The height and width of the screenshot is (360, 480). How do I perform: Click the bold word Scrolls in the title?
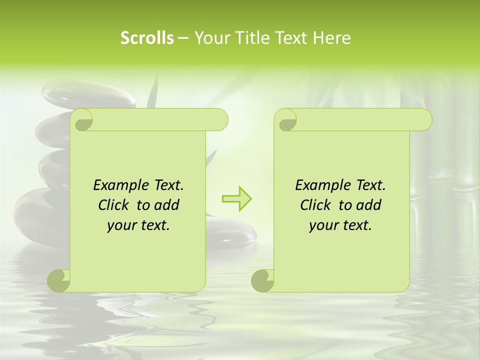[x=147, y=38]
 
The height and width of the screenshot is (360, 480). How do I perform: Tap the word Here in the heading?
[x=331, y=38]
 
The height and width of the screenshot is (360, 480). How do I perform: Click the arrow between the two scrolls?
[x=237, y=199]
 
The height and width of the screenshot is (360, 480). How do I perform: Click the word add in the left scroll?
[x=167, y=205]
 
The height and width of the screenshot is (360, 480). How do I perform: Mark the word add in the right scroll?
[x=369, y=205]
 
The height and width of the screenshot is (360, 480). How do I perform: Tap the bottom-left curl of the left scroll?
[x=59, y=280]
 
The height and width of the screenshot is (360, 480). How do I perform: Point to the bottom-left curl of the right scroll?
[x=263, y=280]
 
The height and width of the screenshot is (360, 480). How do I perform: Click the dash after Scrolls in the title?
[x=183, y=38]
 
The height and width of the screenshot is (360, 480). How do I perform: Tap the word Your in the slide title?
[x=209, y=38]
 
